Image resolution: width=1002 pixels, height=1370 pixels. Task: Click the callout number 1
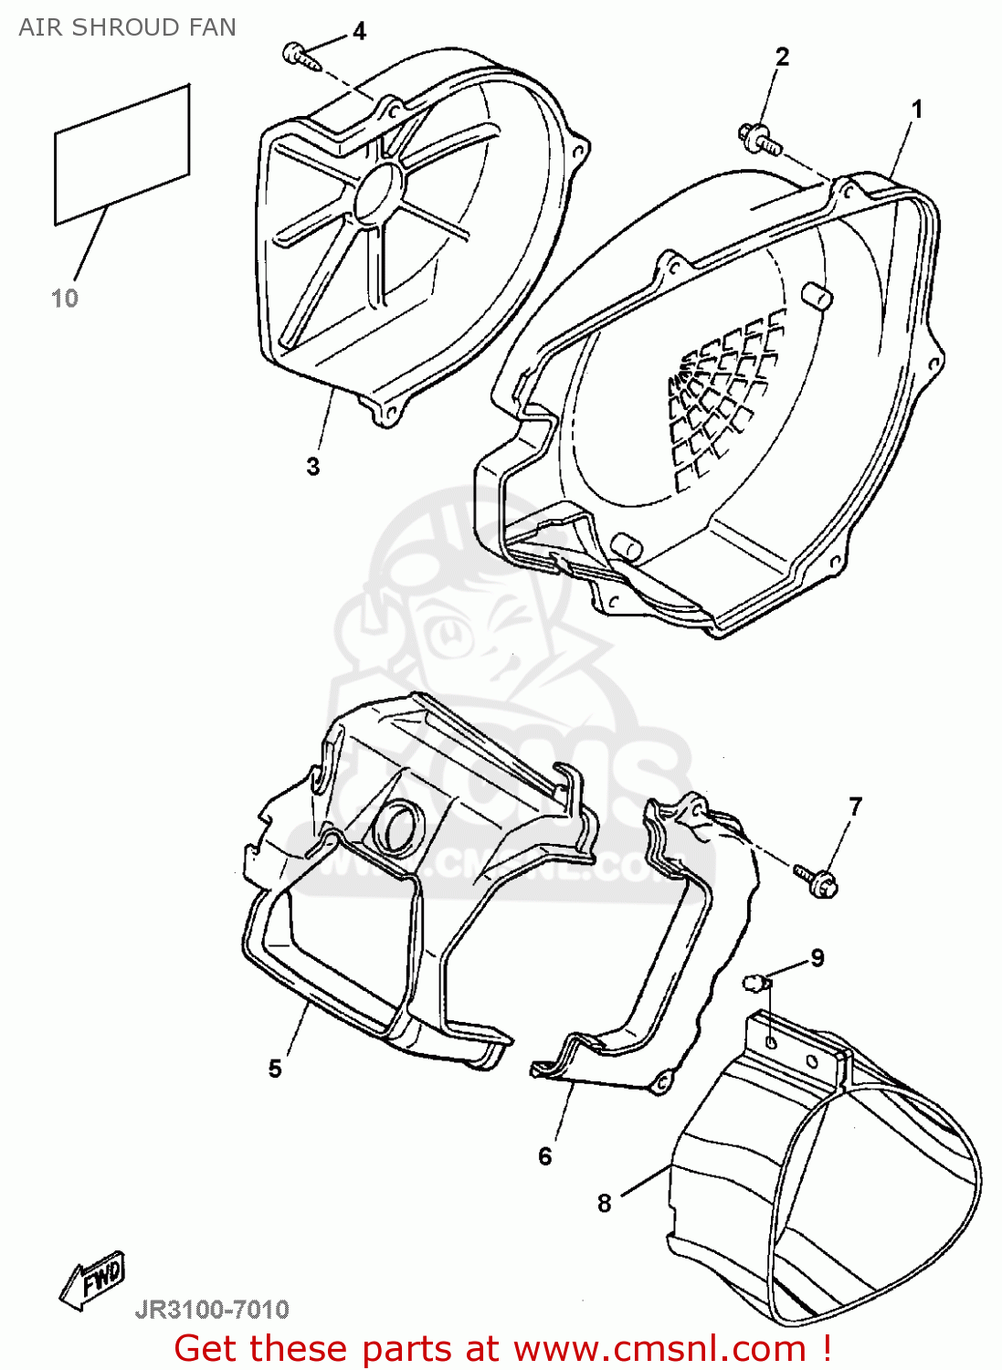coord(916,110)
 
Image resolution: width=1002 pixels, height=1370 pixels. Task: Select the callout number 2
coord(782,57)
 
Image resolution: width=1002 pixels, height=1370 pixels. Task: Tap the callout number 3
coord(313,467)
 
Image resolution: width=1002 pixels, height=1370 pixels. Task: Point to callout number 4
coord(359,32)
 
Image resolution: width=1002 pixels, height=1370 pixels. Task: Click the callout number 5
coord(275,1069)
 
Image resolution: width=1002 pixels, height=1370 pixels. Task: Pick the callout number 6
coord(545,1156)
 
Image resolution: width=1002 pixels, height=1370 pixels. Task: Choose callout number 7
coord(855,806)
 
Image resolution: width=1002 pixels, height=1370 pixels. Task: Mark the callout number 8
coord(604,1203)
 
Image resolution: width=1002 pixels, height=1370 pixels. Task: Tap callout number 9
coord(817,957)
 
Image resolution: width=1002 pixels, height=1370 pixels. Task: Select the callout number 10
coord(65,298)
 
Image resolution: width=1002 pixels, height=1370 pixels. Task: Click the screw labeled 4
coord(300,55)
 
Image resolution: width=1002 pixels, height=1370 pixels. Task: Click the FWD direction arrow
coord(92,1279)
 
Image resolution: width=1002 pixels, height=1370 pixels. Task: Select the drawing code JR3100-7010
coord(212,1310)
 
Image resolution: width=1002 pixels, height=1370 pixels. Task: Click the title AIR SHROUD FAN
coord(127,27)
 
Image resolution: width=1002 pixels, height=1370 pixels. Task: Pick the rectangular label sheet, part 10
coord(121,155)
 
